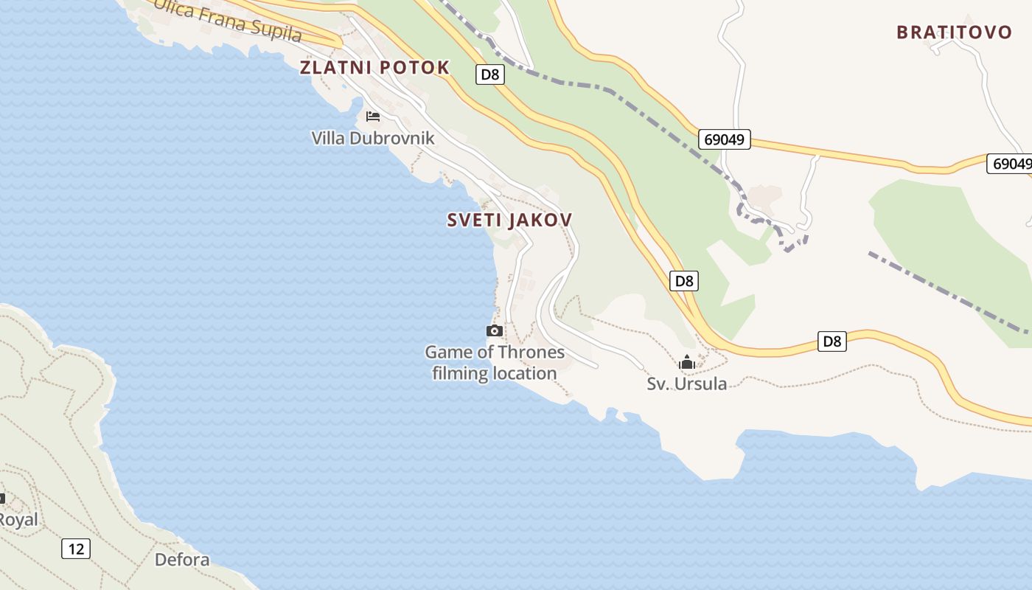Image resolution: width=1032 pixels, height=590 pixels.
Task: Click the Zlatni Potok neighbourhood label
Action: tap(374, 68)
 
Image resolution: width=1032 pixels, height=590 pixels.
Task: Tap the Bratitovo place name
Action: tap(954, 32)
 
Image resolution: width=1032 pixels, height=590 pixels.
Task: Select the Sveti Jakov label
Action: tap(509, 220)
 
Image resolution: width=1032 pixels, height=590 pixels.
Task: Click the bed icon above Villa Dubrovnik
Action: tap(373, 117)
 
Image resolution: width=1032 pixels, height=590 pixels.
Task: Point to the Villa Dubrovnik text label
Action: tap(373, 139)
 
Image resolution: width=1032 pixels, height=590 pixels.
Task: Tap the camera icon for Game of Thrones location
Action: tap(495, 331)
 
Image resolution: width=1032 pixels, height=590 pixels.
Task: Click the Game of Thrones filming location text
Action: tap(495, 362)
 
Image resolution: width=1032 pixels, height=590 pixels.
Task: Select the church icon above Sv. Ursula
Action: tap(687, 362)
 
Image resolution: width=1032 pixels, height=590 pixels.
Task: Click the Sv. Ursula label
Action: tap(686, 383)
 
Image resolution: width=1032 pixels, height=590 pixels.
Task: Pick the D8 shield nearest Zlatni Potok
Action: tap(489, 74)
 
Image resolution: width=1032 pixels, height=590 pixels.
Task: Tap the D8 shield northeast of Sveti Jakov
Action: tap(684, 280)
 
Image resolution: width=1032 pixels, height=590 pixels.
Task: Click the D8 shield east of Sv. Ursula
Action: tap(831, 341)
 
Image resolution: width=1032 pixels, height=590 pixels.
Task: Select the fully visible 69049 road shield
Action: tap(724, 139)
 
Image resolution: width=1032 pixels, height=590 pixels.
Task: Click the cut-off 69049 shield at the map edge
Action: tap(1011, 164)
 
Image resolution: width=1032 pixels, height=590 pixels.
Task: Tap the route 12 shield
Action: tap(75, 549)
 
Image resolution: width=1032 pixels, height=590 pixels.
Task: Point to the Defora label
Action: tap(182, 560)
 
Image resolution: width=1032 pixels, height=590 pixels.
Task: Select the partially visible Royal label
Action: tap(18, 520)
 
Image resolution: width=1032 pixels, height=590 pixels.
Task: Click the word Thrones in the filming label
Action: tap(531, 352)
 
